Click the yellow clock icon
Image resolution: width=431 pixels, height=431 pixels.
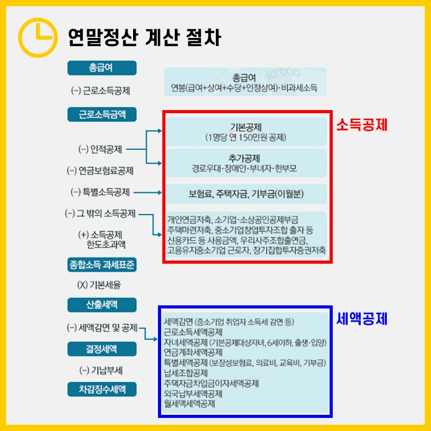pos(38,37)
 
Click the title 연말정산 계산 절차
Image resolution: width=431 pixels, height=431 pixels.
pos(144,37)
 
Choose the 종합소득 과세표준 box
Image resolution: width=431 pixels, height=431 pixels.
pos(103,265)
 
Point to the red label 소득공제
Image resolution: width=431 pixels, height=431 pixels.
pos(362,125)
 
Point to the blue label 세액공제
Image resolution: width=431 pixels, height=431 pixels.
pos(362,319)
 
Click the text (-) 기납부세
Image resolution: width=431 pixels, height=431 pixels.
pos(101,370)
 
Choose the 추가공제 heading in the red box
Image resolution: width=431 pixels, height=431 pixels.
pos(245,158)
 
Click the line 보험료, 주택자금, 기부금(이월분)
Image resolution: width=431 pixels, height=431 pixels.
pos(245,192)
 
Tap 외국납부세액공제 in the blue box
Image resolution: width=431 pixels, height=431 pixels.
pos(193,394)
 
